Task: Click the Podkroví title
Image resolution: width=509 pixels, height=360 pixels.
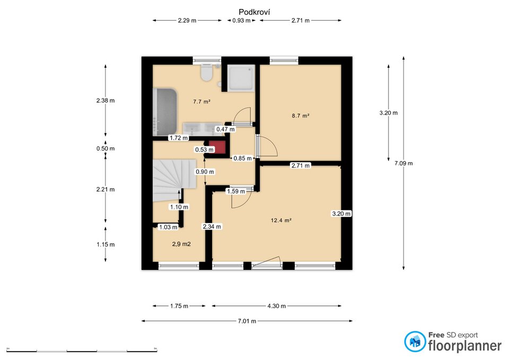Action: pos(254,12)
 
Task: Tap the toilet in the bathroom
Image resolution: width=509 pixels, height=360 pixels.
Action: pos(206,72)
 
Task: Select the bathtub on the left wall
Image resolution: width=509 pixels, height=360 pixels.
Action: pos(165,111)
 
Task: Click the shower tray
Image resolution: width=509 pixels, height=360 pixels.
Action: pos(241,78)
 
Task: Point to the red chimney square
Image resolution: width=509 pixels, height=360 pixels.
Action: pos(217,147)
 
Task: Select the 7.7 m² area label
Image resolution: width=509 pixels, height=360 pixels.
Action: pos(201,102)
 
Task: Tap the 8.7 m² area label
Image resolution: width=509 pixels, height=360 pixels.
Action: pos(300,116)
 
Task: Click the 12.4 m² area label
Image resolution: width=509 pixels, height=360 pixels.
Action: pos(281,221)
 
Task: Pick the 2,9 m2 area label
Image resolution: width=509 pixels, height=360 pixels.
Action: pos(181,244)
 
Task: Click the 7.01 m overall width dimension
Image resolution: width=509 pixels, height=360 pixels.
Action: pos(247,321)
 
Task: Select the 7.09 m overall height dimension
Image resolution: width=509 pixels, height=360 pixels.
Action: pos(403,163)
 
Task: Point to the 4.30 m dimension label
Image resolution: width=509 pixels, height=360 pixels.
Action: pos(277,306)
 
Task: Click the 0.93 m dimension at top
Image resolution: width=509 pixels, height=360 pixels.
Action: pos(241,21)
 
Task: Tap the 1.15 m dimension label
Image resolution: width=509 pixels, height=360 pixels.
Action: pos(106,244)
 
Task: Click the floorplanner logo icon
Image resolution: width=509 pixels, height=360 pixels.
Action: pos(415,341)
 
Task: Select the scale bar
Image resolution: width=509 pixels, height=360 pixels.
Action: pos(82,350)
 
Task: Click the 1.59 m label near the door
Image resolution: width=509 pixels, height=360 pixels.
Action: pos(236,191)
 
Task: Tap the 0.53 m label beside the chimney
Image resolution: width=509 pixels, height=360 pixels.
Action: pos(205,150)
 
